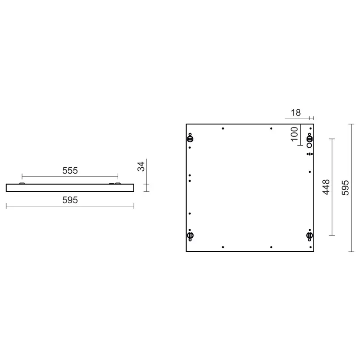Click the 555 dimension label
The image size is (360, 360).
coord(70,171)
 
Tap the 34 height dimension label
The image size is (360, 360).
coord(142,166)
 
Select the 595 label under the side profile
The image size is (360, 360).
coord(70,200)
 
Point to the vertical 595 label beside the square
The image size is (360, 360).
coord(345,187)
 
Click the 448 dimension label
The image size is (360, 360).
coord(326,187)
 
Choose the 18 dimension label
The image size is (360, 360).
coord(296,113)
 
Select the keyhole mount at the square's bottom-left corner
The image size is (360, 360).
coord(190,235)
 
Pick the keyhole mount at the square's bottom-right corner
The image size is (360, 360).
coord(310,235)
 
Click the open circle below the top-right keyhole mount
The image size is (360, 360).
coord(309,145)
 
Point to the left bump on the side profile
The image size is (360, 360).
coord(22,183)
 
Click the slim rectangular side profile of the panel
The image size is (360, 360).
coord(70,188)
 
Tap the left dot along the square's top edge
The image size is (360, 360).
coord(223,128)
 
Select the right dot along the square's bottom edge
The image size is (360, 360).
coord(271,247)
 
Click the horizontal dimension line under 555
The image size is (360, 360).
coord(70,177)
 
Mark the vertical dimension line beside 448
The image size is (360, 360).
coord(332,187)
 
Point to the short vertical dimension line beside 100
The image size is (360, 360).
coord(300,135)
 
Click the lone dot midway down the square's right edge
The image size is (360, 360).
coord(310,172)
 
